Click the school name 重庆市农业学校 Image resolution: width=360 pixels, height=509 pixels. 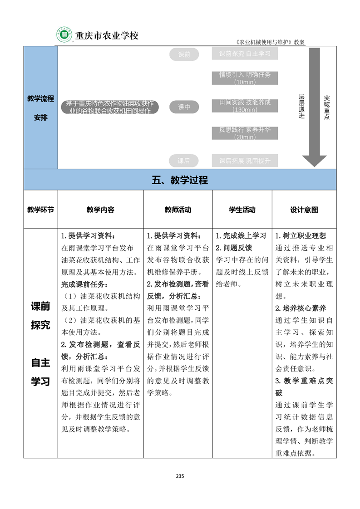coord(106,36)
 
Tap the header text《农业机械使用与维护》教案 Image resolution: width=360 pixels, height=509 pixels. coord(270,42)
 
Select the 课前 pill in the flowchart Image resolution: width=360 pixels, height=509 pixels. coord(184,54)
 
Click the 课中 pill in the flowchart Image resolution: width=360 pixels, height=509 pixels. coord(184,107)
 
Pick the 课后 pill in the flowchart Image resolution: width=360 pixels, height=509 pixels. coord(184,161)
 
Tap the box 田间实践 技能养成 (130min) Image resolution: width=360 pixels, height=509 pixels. coord(245,106)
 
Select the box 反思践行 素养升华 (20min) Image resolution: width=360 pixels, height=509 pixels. coord(245,133)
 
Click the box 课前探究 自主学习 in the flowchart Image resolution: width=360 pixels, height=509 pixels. coord(245,54)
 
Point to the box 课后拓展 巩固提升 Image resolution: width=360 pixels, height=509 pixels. coord(245,161)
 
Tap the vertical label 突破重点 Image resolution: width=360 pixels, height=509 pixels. coord(327,107)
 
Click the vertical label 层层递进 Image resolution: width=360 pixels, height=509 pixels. coord(301,107)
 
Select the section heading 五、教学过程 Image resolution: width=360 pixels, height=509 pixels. coord(180,180)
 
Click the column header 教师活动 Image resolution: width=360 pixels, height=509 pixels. coord(178,210)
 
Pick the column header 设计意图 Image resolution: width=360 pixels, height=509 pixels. coord(304,210)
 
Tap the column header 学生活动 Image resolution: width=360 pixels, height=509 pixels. coord(242,210)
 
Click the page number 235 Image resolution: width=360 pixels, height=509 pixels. coord(180,476)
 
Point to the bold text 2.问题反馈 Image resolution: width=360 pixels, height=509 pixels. coord(234,248)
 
